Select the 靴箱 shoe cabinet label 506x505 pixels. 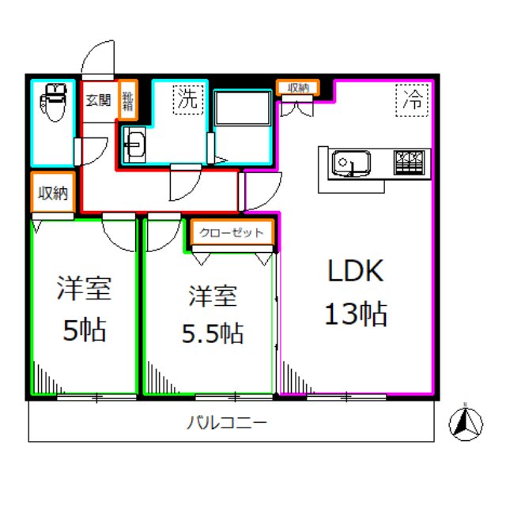(x=127, y=99)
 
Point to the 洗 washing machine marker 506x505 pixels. (x=187, y=99)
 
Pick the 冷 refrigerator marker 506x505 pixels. (x=412, y=99)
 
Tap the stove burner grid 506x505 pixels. (x=411, y=161)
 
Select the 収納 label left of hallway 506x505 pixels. (x=52, y=193)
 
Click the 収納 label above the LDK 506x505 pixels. (x=297, y=88)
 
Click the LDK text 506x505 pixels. (x=356, y=271)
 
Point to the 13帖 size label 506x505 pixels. (x=356, y=314)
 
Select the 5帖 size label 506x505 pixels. (x=84, y=330)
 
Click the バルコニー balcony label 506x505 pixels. (x=227, y=423)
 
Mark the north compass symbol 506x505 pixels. (x=466, y=424)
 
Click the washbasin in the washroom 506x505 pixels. (x=134, y=145)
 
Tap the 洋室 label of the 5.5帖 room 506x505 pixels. (x=212, y=296)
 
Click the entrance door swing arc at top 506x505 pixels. (x=99, y=57)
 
